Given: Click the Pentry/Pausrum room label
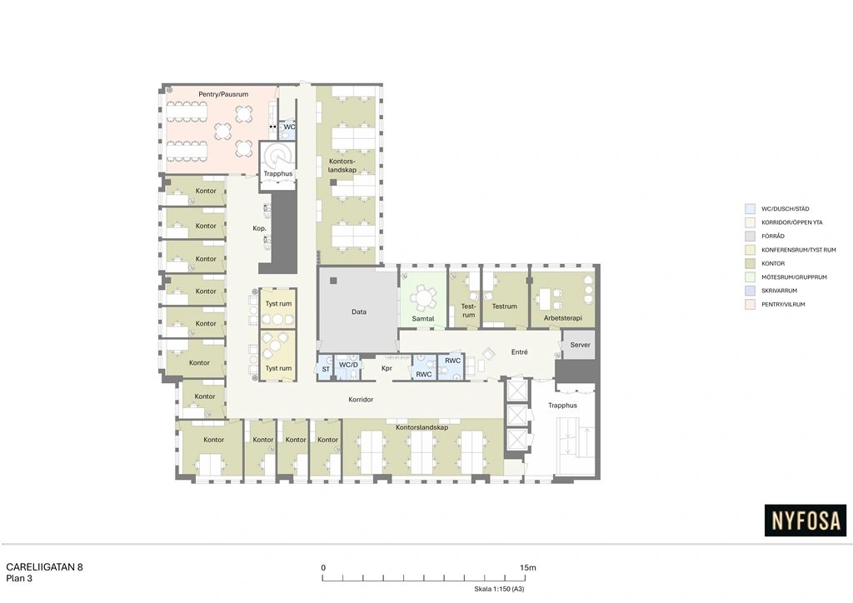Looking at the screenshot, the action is pyautogui.click(x=223, y=94).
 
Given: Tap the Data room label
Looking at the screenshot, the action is pyautogui.click(x=358, y=311).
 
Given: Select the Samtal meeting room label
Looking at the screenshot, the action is pyautogui.click(x=422, y=319).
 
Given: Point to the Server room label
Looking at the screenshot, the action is pyautogui.click(x=580, y=345).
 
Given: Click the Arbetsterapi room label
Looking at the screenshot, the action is pyautogui.click(x=562, y=318).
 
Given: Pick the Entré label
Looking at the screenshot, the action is pyautogui.click(x=519, y=351).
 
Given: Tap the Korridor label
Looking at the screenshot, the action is pyautogui.click(x=361, y=400).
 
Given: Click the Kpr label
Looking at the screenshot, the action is pyautogui.click(x=387, y=368).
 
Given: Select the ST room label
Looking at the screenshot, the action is pyautogui.click(x=326, y=369).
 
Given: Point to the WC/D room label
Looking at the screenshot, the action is pyautogui.click(x=349, y=365).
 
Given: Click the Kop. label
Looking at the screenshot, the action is pyautogui.click(x=260, y=228).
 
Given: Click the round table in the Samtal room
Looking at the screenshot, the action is pyautogui.click(x=422, y=298).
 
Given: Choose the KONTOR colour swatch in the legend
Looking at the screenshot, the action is pyautogui.click(x=751, y=263).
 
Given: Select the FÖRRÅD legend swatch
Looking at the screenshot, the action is pyautogui.click(x=751, y=236).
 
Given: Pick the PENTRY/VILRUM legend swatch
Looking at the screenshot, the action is pyautogui.click(x=751, y=305).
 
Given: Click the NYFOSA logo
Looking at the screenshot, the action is pyautogui.click(x=806, y=521).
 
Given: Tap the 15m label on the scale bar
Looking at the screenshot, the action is pyautogui.click(x=527, y=568).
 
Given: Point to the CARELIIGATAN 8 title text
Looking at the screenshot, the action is pyautogui.click(x=45, y=567).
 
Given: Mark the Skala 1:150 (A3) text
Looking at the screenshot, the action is pyautogui.click(x=499, y=589).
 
